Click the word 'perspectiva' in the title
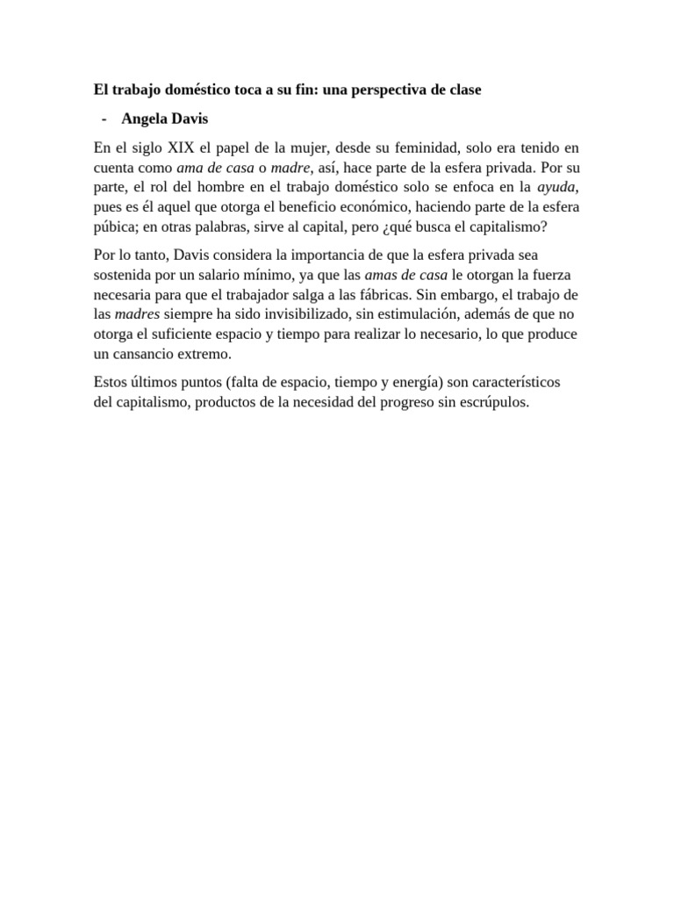389,90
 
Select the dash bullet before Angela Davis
104,119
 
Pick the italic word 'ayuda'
556,187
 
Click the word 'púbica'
115,227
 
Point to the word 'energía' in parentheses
408,384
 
